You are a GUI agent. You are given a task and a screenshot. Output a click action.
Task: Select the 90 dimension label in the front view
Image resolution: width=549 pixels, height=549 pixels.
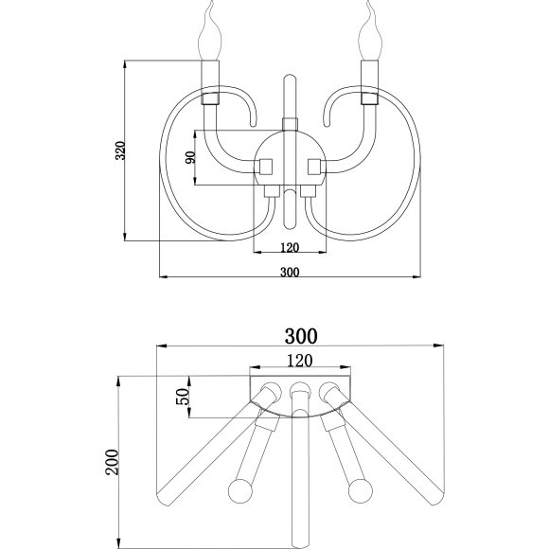tap(189, 158)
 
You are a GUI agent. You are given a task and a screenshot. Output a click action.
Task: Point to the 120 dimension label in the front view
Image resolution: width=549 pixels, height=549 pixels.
tap(290, 248)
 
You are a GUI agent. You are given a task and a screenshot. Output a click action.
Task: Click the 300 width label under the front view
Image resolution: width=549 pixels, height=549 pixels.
tap(290, 272)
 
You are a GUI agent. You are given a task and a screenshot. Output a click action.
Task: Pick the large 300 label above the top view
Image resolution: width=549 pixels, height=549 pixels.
tap(301, 336)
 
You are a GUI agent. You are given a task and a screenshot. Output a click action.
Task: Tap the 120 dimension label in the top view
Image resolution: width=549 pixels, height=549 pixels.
tap(301, 360)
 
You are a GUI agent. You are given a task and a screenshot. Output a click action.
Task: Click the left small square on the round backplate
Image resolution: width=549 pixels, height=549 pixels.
tap(267, 166)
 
